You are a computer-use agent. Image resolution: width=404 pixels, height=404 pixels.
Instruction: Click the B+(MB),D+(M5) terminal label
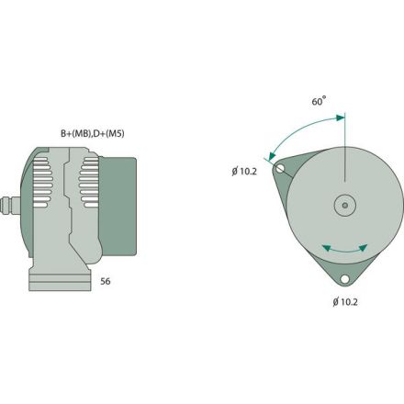(93, 133)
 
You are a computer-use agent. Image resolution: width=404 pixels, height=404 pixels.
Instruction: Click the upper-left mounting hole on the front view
(279, 167)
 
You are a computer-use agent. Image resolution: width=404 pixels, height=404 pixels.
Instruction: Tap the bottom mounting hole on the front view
(344, 279)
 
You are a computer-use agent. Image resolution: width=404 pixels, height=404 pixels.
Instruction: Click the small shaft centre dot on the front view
(344, 206)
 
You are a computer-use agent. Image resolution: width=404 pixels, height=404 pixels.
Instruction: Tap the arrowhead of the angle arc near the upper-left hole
(269, 157)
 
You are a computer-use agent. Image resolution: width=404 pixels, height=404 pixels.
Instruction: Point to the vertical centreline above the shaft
(344, 156)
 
